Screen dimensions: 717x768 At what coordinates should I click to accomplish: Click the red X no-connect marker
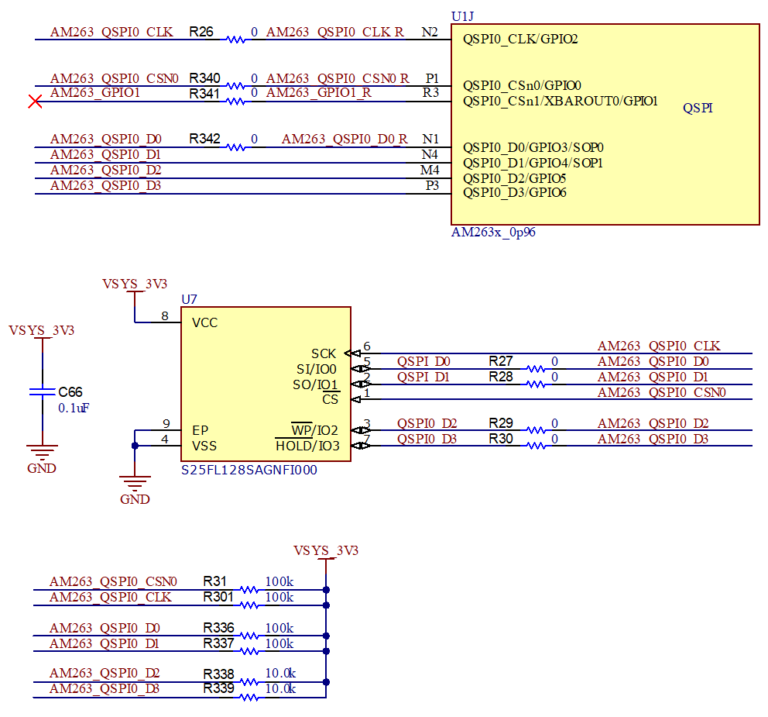(x=35, y=102)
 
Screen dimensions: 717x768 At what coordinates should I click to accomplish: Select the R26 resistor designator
(x=202, y=33)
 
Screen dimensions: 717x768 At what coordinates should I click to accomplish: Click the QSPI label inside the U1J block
(x=698, y=109)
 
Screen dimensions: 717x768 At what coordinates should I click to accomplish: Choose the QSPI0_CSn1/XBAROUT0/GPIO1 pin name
(x=560, y=101)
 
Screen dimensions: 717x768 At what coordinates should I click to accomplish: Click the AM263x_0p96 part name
(x=493, y=233)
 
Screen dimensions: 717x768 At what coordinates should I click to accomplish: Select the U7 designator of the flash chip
(x=189, y=299)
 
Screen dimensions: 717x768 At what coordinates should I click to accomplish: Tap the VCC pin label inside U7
(x=205, y=322)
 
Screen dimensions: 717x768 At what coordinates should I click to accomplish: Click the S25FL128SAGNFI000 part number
(x=249, y=470)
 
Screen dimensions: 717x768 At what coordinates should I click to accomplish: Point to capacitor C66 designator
(x=70, y=392)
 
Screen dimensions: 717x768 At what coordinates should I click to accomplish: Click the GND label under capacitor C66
(x=42, y=469)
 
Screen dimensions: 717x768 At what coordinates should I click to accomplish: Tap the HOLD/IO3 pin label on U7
(x=307, y=446)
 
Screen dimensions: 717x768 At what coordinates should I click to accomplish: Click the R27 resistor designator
(x=501, y=361)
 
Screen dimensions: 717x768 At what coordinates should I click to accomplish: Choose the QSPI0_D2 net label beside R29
(x=427, y=423)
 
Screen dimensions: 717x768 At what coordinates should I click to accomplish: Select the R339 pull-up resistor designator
(x=218, y=688)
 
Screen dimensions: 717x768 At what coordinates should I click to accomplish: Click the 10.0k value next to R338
(x=279, y=673)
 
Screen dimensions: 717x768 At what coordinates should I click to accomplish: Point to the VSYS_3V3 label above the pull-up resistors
(x=326, y=550)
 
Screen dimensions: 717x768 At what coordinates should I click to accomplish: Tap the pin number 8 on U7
(x=165, y=315)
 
